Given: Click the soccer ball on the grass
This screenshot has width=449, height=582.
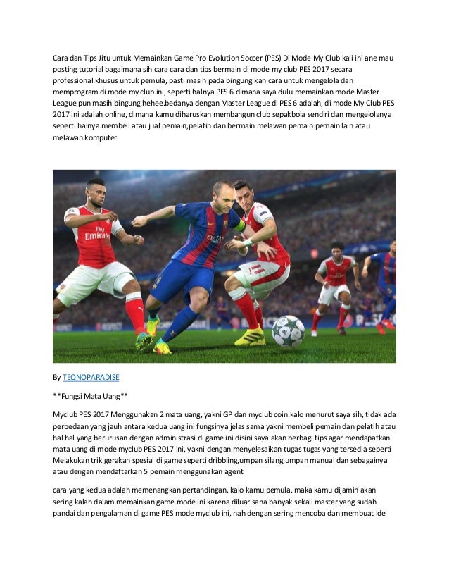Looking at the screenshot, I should (288, 331).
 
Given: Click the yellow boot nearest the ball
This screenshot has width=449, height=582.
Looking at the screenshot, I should (250, 336).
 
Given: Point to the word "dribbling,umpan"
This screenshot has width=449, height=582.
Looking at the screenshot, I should (227, 460).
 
